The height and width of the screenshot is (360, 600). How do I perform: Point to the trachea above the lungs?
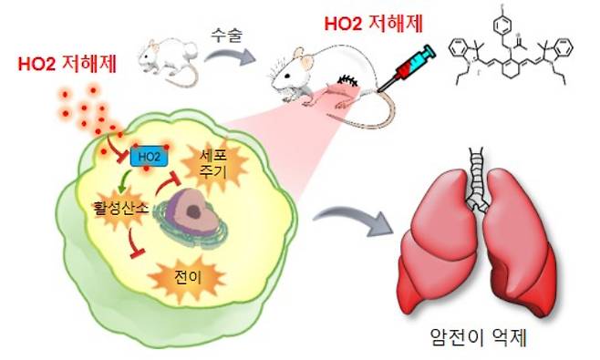(x=477, y=173)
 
